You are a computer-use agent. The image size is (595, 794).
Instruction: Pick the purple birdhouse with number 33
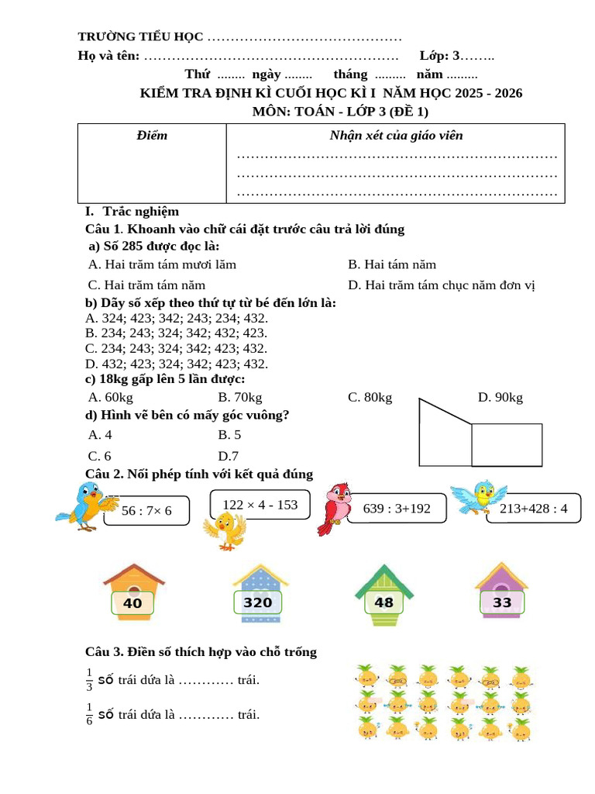coord(501,594)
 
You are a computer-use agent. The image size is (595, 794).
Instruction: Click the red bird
coord(334,508)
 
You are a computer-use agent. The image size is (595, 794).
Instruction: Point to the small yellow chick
coord(224,531)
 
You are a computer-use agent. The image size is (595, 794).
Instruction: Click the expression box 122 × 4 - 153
coord(260,505)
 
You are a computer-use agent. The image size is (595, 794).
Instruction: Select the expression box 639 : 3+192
coord(396,509)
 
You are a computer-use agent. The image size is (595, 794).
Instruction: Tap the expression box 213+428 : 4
coord(534,509)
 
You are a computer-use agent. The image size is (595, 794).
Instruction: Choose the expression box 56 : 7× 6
coord(146,509)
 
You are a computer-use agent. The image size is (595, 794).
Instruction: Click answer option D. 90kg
coord(500,398)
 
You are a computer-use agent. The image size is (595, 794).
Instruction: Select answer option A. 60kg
coord(111,398)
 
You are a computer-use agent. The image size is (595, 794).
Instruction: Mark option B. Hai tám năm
coord(392,264)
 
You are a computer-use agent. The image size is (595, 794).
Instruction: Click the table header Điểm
coord(151,136)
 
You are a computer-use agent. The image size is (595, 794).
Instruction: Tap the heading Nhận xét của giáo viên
coord(396,136)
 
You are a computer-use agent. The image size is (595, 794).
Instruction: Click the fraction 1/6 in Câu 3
coord(89,713)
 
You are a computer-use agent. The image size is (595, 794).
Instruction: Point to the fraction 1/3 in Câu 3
coord(89,679)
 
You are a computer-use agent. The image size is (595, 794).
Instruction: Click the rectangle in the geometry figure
coord(507,444)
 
